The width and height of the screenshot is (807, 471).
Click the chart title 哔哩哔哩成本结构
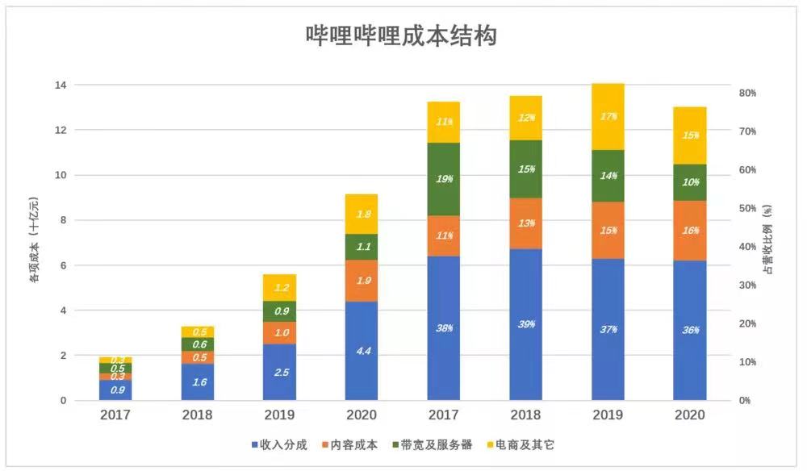401,36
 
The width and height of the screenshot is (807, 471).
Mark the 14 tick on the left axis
60,85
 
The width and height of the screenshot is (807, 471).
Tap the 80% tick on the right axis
747,93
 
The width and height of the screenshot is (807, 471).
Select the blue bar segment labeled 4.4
361,351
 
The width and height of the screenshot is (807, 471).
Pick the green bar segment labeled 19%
443,179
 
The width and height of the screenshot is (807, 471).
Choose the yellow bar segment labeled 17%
607,117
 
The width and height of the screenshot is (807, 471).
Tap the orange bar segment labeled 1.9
361,281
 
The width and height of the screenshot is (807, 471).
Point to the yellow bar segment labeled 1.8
361,214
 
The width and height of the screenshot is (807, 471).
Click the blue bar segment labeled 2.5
279,372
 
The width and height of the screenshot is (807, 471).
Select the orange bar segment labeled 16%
689,230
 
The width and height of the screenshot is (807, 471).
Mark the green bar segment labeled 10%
689,182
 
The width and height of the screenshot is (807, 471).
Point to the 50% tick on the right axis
747,208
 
